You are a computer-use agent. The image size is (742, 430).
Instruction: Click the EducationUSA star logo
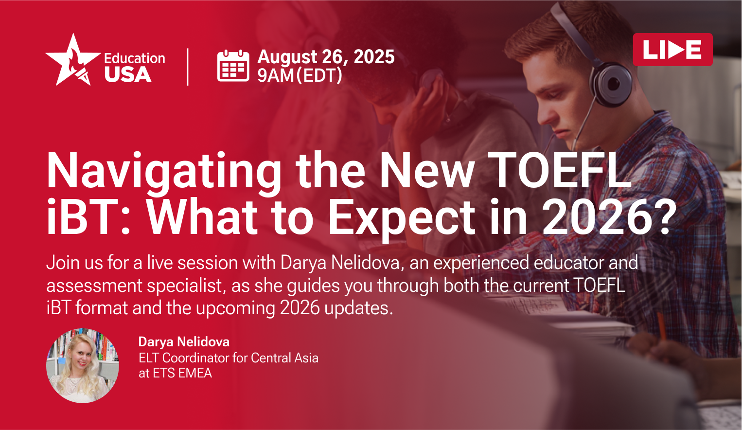pos(73,60)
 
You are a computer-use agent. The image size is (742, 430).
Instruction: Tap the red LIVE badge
pos(672,49)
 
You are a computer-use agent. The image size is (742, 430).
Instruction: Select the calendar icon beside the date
pos(233,65)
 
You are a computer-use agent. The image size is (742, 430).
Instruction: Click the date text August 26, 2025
pos(326,56)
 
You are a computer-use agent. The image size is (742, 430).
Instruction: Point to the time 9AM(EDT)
pos(300,75)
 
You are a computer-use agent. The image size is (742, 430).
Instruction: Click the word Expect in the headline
pos(402,220)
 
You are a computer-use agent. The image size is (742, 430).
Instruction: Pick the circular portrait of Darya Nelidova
pos(82,365)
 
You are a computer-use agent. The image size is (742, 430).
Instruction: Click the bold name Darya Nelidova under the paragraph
pos(184,342)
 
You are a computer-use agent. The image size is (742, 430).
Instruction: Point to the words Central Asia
pos(284,358)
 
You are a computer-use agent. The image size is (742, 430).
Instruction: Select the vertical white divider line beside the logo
pos(188,67)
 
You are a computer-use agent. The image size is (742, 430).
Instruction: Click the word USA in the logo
pos(128,74)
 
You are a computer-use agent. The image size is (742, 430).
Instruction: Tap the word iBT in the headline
pos(86,217)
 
